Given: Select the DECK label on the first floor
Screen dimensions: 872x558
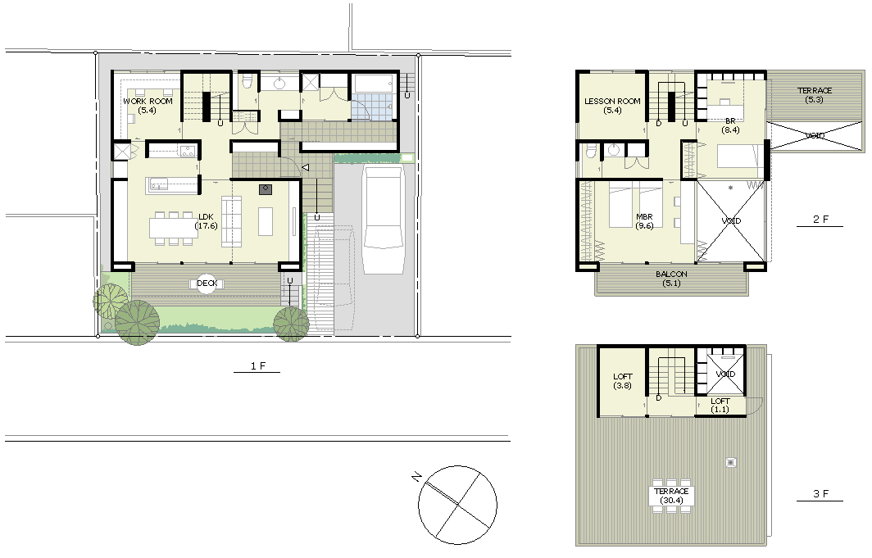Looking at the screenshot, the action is coord(207,284).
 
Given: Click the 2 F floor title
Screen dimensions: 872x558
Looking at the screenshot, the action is coord(820,219).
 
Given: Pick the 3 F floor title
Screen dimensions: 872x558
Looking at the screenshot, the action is coord(820,493).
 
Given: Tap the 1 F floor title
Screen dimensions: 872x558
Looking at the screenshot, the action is coord(257,365).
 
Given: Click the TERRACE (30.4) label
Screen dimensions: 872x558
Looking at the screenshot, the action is coord(671,496).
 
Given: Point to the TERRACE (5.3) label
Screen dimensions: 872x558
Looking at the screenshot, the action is coord(814,95).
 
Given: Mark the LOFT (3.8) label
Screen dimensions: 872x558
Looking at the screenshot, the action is coord(622,381).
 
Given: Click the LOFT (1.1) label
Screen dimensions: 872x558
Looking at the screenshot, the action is coord(720,405).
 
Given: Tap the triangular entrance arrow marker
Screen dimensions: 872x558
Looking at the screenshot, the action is coord(306,166).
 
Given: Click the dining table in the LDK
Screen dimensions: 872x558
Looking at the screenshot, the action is coord(174,228).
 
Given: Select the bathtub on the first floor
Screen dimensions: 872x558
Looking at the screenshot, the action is coord(373,84).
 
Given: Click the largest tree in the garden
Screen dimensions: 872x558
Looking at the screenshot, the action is coord(138,322).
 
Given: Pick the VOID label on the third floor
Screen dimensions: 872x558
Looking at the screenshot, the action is coord(725,374).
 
